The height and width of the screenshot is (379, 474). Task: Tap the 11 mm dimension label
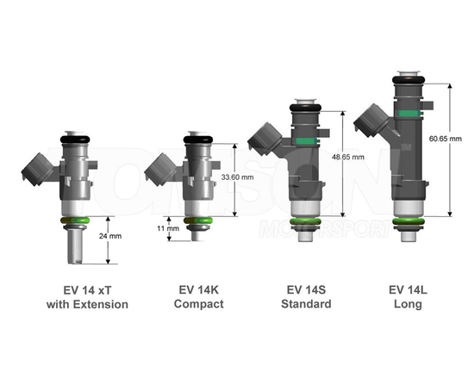pyautogui.click(x=168, y=230)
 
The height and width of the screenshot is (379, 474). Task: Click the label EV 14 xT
pyautogui.click(x=87, y=289)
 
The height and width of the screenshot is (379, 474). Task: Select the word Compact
pyautogui.click(x=198, y=304)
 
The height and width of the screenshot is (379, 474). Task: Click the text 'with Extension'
pyautogui.click(x=87, y=304)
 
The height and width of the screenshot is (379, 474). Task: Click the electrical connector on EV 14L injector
pyautogui.click(x=373, y=121)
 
